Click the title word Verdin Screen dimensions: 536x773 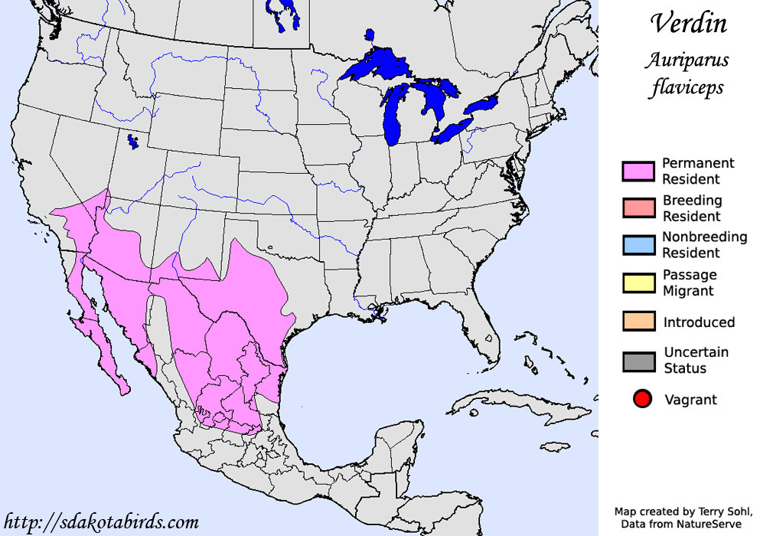click(x=688, y=24)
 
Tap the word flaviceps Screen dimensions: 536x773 click(x=687, y=87)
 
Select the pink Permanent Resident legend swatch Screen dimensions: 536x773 click(x=638, y=172)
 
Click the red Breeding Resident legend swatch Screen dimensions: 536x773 click(x=638, y=208)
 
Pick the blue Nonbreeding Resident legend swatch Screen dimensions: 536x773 click(x=638, y=245)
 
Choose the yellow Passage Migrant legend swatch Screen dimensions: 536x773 click(x=638, y=283)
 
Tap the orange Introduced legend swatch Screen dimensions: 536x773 click(x=638, y=322)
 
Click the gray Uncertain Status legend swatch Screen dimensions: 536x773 click(x=638, y=361)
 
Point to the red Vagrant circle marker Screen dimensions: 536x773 click(x=642, y=399)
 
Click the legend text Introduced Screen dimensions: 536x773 click(x=699, y=322)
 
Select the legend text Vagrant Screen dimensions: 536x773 click(x=690, y=400)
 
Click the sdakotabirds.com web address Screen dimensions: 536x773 click(x=101, y=522)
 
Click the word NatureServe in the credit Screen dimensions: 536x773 click(x=709, y=524)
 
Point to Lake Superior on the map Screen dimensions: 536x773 click(x=375, y=67)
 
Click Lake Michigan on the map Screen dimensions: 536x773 click(x=394, y=115)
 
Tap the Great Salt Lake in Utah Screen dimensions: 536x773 click(x=133, y=142)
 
